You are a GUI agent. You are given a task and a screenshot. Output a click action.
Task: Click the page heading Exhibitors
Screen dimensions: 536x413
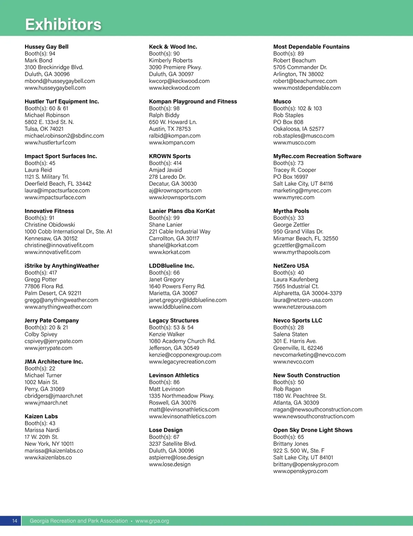tap(63, 24)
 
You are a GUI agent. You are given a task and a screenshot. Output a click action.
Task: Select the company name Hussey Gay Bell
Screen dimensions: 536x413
tap(46, 47)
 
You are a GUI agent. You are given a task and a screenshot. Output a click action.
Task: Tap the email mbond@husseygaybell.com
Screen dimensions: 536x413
tap(60, 81)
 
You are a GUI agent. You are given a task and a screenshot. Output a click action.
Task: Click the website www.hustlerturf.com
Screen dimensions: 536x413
tap(50, 143)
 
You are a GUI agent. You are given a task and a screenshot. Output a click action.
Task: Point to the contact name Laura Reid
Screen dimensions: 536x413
tap(38, 170)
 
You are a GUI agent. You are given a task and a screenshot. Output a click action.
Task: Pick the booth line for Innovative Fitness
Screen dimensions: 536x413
tap(39, 218)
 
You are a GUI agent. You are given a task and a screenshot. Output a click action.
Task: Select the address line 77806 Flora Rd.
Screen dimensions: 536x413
tap(44, 286)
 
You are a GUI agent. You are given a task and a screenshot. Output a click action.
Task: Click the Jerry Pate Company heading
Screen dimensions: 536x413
tap(52, 321)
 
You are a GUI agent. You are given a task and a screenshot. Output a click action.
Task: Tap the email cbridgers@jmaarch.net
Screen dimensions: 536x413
tap(54, 396)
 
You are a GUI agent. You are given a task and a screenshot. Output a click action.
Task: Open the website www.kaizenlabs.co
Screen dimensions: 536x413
tap(48, 458)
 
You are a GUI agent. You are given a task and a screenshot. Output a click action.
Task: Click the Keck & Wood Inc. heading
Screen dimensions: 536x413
tap(173, 47)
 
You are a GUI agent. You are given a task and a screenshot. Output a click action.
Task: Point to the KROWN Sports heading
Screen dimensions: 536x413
tap(170, 156)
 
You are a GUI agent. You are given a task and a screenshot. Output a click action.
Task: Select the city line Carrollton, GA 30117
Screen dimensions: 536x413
tap(174, 238)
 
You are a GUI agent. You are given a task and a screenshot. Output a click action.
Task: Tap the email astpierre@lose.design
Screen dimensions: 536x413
tap(176, 458)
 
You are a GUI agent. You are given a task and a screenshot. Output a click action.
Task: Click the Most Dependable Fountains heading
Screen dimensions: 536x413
tap(311, 47)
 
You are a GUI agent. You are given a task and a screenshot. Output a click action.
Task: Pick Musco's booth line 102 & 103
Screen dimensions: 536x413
tap(297, 108)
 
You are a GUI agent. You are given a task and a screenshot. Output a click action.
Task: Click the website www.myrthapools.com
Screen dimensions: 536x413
tap(301, 252)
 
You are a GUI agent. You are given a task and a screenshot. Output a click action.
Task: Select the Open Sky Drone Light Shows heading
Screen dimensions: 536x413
tap(313, 430)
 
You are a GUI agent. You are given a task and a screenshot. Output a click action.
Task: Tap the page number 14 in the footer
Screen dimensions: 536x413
tap(15, 521)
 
